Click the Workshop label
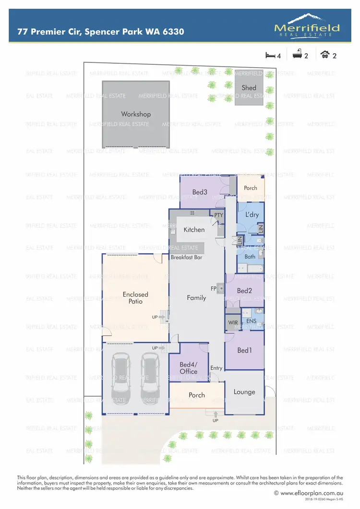tap(136, 114)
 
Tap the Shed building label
tap(249, 88)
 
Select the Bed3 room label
tap(200, 192)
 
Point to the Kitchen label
tap(194, 230)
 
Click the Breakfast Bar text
tap(187, 258)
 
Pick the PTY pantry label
tap(219, 215)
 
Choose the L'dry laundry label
tap(252, 214)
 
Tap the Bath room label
tap(250, 257)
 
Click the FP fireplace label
tap(214, 288)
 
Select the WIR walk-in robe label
tap(233, 322)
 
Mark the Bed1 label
tap(244, 351)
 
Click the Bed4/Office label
tap(189, 368)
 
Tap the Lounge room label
tap(244, 392)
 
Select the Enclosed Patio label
tap(135, 298)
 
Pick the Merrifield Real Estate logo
tap(307, 26)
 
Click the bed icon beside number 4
tap(270, 55)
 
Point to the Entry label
tap(216, 368)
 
